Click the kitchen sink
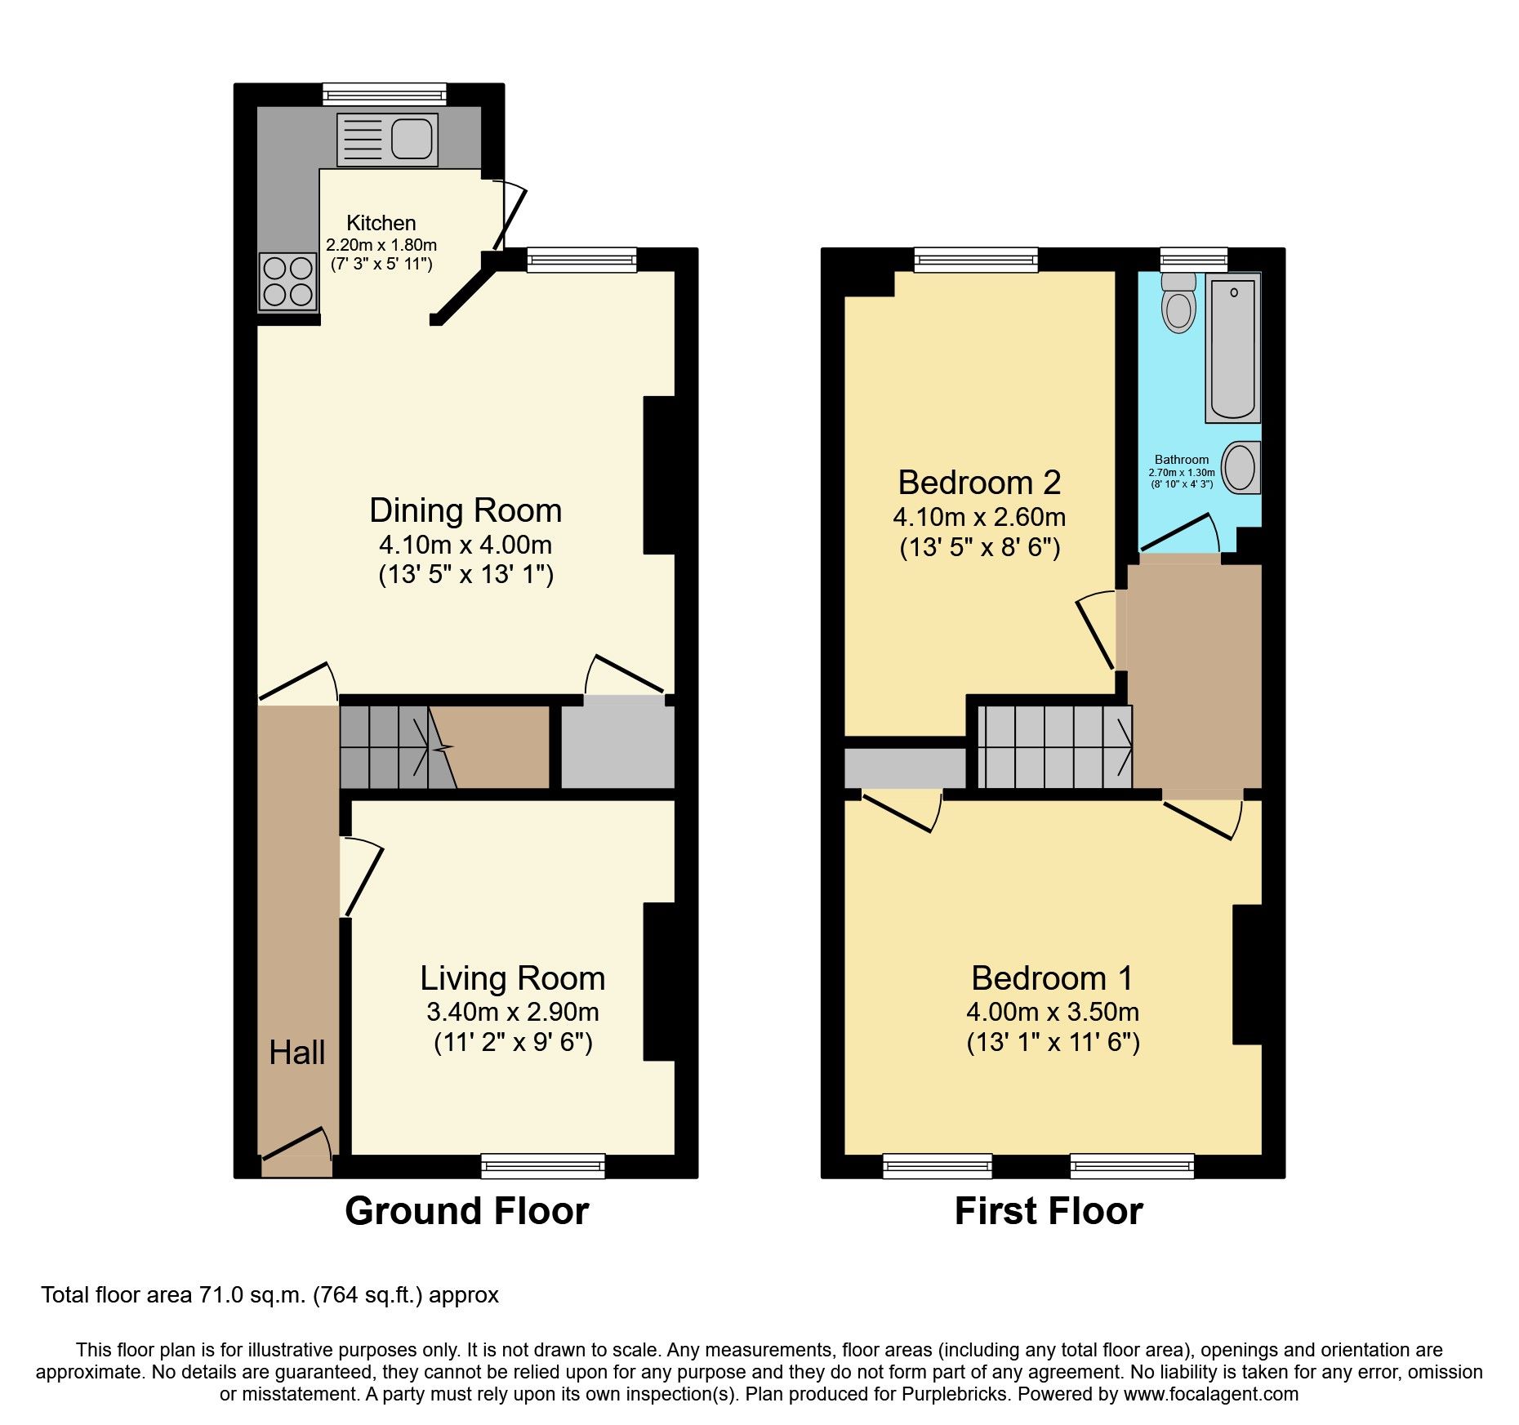coord(387,140)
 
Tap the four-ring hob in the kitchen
coord(288,282)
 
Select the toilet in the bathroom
coord(1178,302)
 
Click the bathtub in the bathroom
coord(1232,348)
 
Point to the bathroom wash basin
coord(1241,468)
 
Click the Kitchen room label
coord(381,223)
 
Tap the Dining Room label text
coord(465,510)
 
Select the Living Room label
coord(513,978)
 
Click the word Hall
coord(297,1053)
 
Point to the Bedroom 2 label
coord(980,483)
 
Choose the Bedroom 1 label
coord(1053,978)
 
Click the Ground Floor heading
coord(467,1211)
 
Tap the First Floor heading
coord(1049,1211)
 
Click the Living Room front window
coord(543,1166)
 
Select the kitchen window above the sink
coord(385,95)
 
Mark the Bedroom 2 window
coord(976,260)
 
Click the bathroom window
coord(1194,260)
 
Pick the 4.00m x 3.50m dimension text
coord(1053,1013)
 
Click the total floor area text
coord(270,1296)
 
